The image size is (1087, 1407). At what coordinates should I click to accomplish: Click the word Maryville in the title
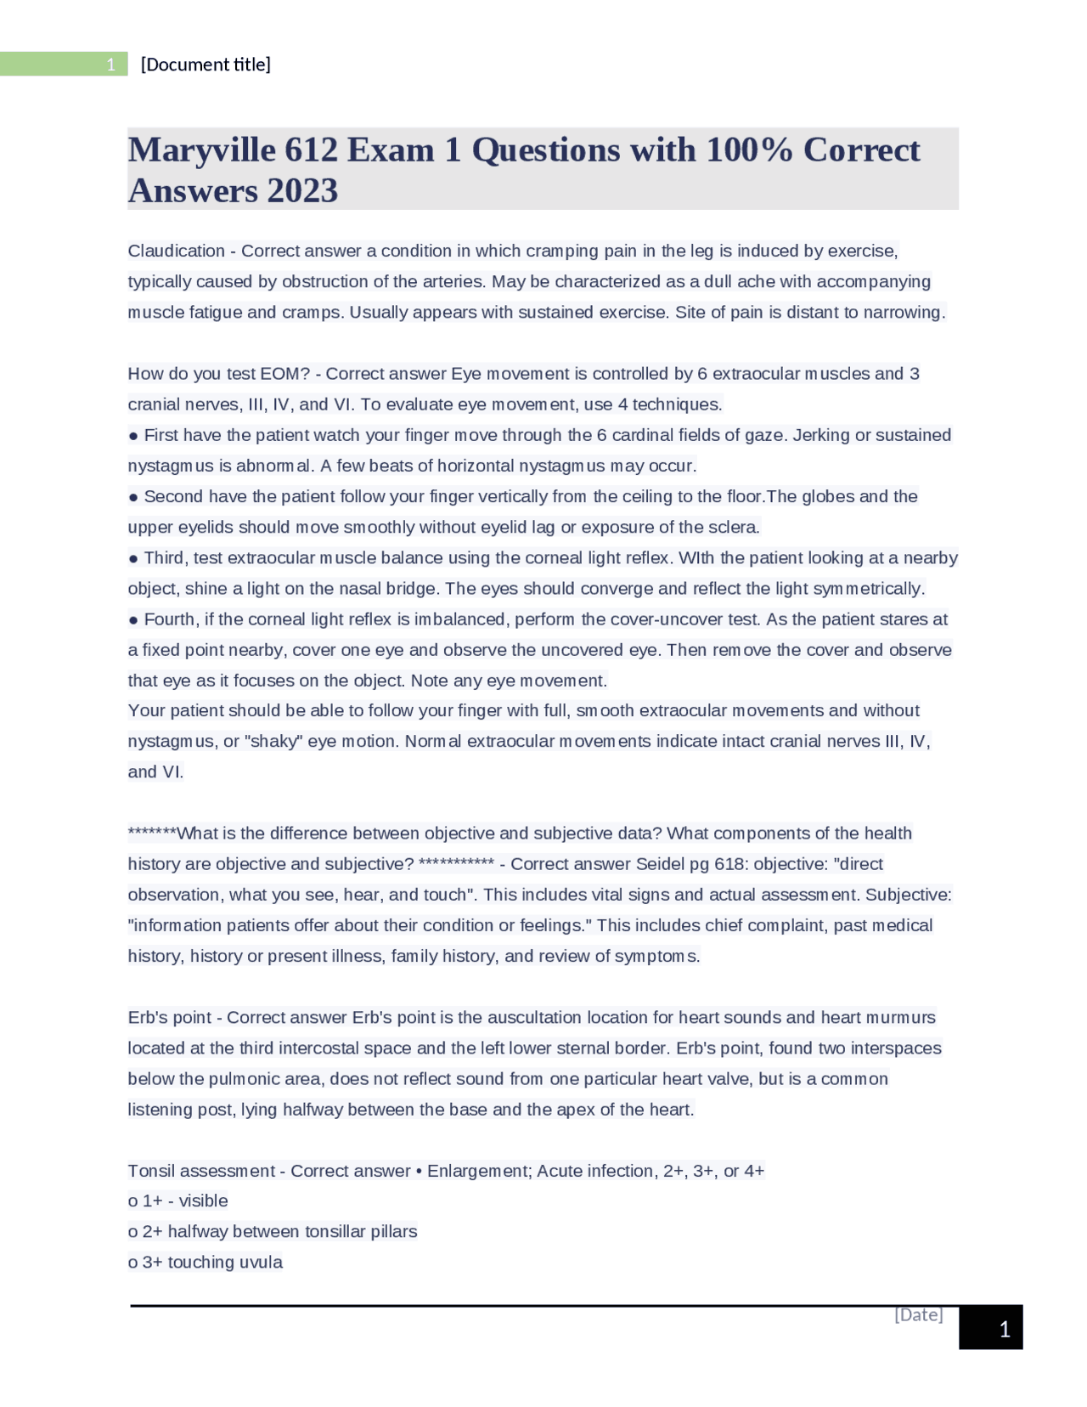pyautogui.click(x=202, y=150)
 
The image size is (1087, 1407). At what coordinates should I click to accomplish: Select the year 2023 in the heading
pyautogui.click(x=302, y=191)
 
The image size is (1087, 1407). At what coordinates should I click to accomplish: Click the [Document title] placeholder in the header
pyautogui.click(x=206, y=65)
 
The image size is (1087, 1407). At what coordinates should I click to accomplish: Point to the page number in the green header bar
pyautogui.click(x=110, y=65)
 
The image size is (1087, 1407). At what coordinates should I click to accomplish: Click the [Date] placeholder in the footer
pyautogui.click(x=918, y=1314)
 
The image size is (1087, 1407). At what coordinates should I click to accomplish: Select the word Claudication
pyautogui.click(x=176, y=251)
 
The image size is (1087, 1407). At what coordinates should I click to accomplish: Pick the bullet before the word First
pyautogui.click(x=133, y=436)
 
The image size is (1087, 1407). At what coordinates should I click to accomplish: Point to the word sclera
pyautogui.click(x=733, y=528)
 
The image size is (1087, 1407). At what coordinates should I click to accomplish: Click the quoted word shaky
pyautogui.click(x=273, y=742)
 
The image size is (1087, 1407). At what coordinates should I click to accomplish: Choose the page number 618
pyautogui.click(x=729, y=864)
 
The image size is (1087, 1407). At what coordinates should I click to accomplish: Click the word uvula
pyautogui.click(x=260, y=1263)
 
